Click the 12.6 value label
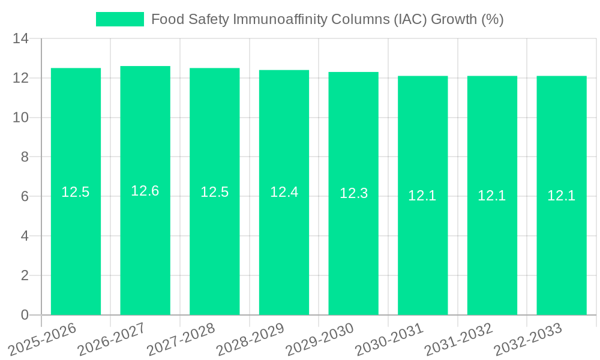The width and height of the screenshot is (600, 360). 145,191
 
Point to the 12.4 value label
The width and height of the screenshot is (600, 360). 284,192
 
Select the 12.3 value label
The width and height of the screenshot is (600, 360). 353,193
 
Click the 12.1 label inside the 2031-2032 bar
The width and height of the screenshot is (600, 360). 492,196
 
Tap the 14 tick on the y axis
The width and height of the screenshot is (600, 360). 21,39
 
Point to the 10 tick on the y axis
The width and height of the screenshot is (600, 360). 21,118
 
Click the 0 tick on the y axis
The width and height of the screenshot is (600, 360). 25,315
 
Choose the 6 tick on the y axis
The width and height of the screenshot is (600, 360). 25,196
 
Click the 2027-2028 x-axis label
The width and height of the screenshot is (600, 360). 181,339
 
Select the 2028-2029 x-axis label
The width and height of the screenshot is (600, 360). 250,339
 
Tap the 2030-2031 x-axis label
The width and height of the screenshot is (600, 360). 389,339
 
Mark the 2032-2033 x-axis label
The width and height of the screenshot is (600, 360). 528,339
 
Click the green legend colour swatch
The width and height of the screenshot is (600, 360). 120,19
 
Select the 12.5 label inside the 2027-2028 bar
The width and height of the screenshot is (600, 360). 215,192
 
